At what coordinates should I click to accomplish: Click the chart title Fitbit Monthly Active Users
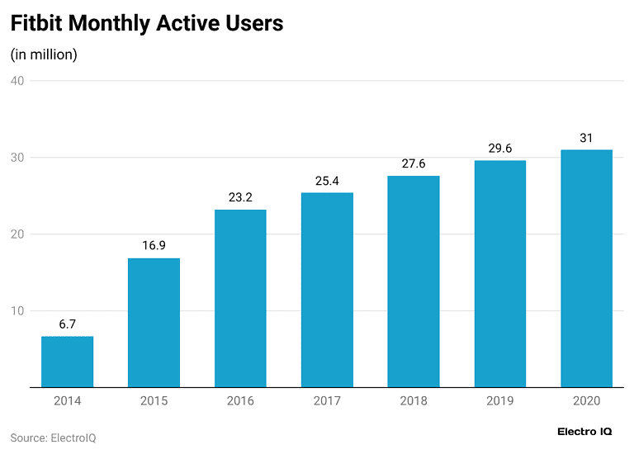tap(146, 24)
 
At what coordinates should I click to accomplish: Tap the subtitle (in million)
tap(44, 54)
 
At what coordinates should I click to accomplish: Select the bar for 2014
tap(67, 362)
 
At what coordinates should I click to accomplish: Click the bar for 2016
tap(240, 298)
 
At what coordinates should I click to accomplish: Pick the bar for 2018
tap(414, 281)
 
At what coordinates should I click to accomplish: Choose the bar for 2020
tap(586, 268)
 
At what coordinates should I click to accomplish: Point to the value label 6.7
tap(67, 324)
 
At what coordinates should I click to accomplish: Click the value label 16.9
tap(154, 246)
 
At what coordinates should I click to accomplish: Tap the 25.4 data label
tap(327, 181)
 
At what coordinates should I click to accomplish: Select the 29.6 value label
tap(500, 149)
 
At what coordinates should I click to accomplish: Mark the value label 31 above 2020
tap(586, 138)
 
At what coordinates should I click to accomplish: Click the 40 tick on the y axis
tap(17, 81)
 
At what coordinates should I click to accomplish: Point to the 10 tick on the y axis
tap(17, 311)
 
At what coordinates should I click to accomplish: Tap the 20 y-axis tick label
tap(17, 234)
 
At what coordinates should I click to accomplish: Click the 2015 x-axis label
tap(154, 401)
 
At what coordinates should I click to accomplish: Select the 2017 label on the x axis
tap(327, 401)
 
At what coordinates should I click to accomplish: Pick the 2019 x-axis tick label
tap(500, 401)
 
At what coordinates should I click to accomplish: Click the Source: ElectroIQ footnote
tap(53, 437)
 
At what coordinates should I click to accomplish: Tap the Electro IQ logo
tap(585, 432)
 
